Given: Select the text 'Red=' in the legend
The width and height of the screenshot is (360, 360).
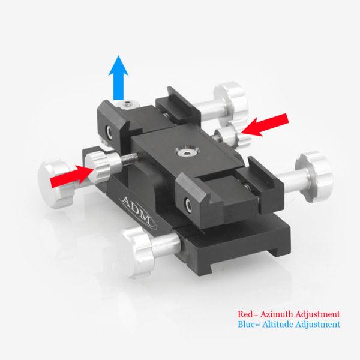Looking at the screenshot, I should [247, 314].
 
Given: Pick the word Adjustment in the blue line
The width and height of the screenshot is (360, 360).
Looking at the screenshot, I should [316, 325].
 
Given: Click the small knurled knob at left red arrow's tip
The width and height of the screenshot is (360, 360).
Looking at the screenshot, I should [97, 164].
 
